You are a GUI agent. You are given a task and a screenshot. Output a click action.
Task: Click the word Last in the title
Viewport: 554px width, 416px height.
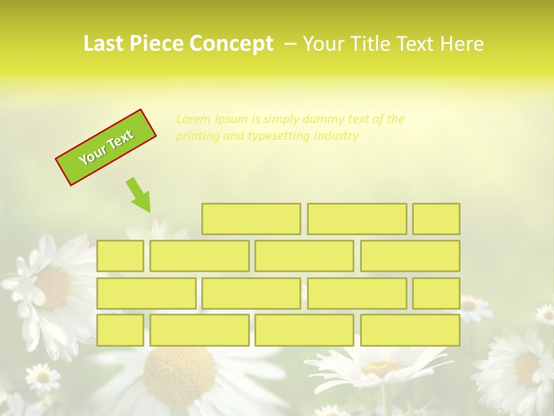tap(104, 44)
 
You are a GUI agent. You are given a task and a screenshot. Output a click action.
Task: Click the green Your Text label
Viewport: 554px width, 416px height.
tap(106, 147)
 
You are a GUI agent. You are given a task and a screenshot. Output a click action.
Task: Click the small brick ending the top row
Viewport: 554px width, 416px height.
tap(436, 218)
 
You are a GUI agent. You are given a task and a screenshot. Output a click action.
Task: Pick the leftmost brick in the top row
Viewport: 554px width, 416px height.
tap(251, 218)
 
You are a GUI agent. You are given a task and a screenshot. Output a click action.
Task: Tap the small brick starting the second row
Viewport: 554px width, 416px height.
tap(120, 255)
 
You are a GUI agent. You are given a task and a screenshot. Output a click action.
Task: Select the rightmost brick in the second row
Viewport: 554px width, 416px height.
tap(410, 255)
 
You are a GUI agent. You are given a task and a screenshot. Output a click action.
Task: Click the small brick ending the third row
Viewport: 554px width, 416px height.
tap(436, 293)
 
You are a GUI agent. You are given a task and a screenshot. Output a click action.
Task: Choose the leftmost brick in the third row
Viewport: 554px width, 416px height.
tap(146, 293)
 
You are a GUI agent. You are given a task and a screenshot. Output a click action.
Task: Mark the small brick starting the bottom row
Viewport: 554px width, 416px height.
tap(120, 330)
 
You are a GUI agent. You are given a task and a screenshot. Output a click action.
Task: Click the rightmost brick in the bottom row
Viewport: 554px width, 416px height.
tap(410, 330)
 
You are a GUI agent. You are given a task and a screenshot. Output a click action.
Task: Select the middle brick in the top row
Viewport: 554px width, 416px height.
tap(357, 218)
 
